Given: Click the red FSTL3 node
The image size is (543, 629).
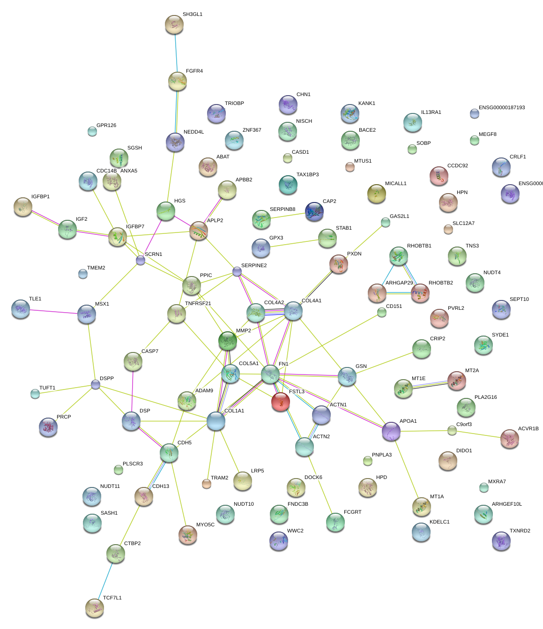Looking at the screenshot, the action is [280, 402].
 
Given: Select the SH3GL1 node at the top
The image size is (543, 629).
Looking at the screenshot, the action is [174, 24].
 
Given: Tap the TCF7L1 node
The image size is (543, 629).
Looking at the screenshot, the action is [95, 607].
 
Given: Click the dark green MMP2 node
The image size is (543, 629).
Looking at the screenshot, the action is [228, 341].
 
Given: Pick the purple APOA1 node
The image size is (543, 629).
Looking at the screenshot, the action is [391, 431].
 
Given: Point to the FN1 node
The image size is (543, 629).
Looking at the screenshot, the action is [270, 374].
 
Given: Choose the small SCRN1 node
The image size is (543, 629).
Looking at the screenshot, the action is [141, 260].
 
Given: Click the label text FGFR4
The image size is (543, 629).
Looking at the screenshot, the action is [194, 71].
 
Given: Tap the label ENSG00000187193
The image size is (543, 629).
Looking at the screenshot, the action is [501, 108].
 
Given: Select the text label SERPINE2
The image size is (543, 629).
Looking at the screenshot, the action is [254, 266].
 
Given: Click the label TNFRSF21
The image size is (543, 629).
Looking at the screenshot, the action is [198, 304].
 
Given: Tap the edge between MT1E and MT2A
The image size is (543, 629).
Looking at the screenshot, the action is [430, 384].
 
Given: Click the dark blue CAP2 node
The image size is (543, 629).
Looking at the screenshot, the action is [314, 212].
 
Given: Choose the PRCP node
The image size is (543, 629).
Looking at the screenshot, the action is [48, 427].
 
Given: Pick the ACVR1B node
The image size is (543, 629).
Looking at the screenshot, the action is [509, 439].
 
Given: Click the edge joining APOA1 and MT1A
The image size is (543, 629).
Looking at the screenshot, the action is [406, 469].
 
